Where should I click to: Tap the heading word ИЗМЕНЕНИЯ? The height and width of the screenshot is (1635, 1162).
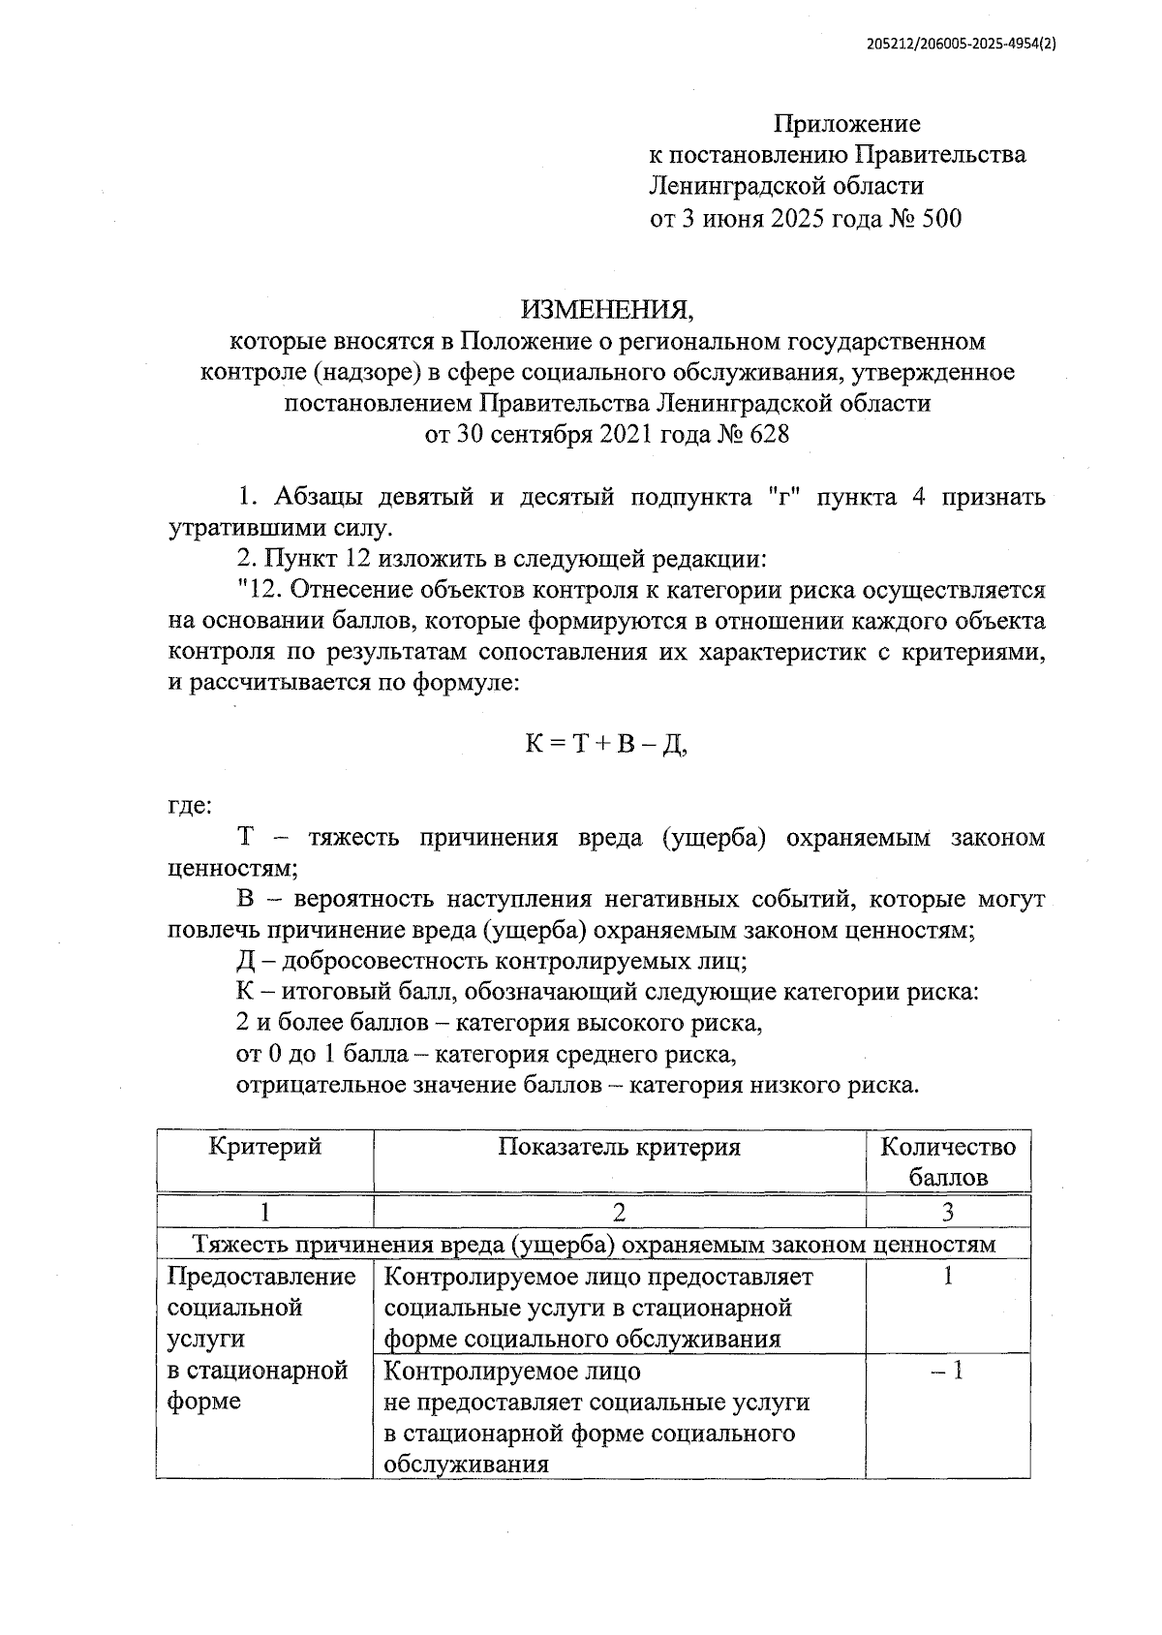click(607, 309)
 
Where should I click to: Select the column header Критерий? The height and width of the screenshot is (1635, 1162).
click(264, 1148)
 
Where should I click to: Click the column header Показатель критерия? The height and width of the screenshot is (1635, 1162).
click(619, 1148)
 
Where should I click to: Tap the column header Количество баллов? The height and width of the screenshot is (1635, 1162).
click(947, 1162)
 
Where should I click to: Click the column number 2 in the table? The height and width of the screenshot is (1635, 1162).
click(619, 1212)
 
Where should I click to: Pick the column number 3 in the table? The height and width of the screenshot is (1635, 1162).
click(947, 1212)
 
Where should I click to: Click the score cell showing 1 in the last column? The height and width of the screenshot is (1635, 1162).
click(947, 1276)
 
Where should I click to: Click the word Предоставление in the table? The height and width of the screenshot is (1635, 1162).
click(261, 1277)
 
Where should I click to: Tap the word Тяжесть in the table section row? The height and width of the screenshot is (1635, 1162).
click(241, 1245)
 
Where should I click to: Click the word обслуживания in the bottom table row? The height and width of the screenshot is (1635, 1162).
click(467, 1465)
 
